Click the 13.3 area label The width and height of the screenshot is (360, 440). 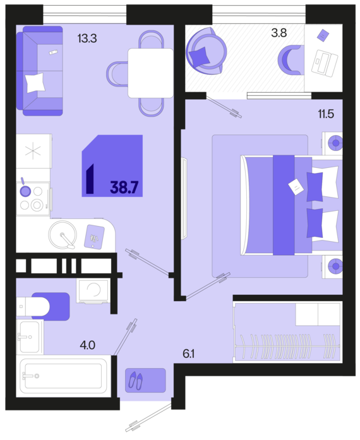click(87, 39)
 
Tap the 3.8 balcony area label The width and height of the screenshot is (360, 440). click(279, 33)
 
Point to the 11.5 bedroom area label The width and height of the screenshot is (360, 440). click(326, 114)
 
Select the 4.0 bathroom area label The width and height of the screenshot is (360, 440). click(88, 345)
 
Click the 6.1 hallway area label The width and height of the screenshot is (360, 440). click(188, 354)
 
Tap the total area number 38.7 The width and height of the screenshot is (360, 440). click(124, 187)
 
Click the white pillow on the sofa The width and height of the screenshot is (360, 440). click(35, 83)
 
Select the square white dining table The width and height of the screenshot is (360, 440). click(150, 73)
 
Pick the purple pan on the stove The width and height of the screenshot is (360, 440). click(25, 189)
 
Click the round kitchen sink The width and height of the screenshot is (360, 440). click(63, 235)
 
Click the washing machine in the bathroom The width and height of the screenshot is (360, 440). click(93, 291)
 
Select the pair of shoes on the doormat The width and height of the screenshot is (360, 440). click(136, 380)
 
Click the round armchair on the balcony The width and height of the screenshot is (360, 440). click(206, 51)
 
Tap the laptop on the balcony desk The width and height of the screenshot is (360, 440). click(325, 63)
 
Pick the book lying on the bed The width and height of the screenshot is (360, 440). click(296, 187)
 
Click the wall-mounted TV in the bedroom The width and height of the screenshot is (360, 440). click(184, 198)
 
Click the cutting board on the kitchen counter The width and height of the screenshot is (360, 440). click(94, 237)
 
